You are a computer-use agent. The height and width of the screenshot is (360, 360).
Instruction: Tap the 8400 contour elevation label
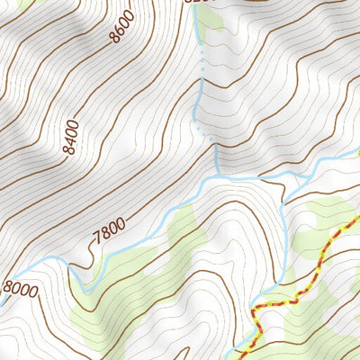click(71, 138)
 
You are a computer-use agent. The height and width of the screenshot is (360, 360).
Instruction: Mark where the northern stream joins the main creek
click(217, 176)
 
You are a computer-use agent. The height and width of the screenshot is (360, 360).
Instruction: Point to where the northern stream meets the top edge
click(194, 3)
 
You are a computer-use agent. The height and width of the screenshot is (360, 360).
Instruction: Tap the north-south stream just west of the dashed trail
click(286, 252)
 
